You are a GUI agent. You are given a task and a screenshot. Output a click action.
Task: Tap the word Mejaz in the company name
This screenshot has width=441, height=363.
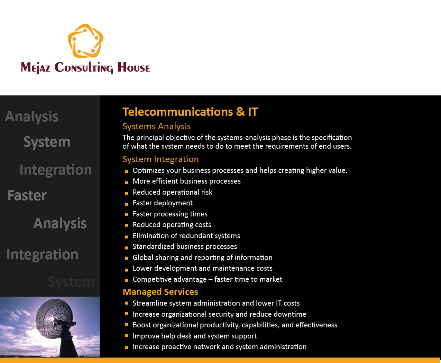tap(36, 67)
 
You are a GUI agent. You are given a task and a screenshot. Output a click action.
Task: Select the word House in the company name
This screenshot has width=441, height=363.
tap(134, 67)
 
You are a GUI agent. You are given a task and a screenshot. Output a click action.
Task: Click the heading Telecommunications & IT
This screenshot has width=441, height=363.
tap(190, 112)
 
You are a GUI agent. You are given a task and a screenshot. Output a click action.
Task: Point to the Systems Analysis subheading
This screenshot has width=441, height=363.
tap(156, 126)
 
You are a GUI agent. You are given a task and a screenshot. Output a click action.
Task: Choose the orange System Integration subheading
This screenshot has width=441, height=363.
tap(160, 159)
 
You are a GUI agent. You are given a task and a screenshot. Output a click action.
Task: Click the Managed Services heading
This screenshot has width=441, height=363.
tap(160, 292)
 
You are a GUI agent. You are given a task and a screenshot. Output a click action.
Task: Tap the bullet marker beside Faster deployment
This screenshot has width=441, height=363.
tap(127, 204)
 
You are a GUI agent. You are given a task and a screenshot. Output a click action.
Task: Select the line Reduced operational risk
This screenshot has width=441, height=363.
tap(172, 192)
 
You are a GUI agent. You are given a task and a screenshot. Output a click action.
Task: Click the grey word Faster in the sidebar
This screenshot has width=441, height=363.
tap(27, 195)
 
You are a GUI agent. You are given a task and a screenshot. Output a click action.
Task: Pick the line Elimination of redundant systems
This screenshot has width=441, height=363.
tap(186, 236)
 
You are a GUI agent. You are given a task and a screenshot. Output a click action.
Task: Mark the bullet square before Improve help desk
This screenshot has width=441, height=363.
tap(127, 335)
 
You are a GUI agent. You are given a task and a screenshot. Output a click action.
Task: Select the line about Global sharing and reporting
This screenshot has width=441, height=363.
tap(202, 258)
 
